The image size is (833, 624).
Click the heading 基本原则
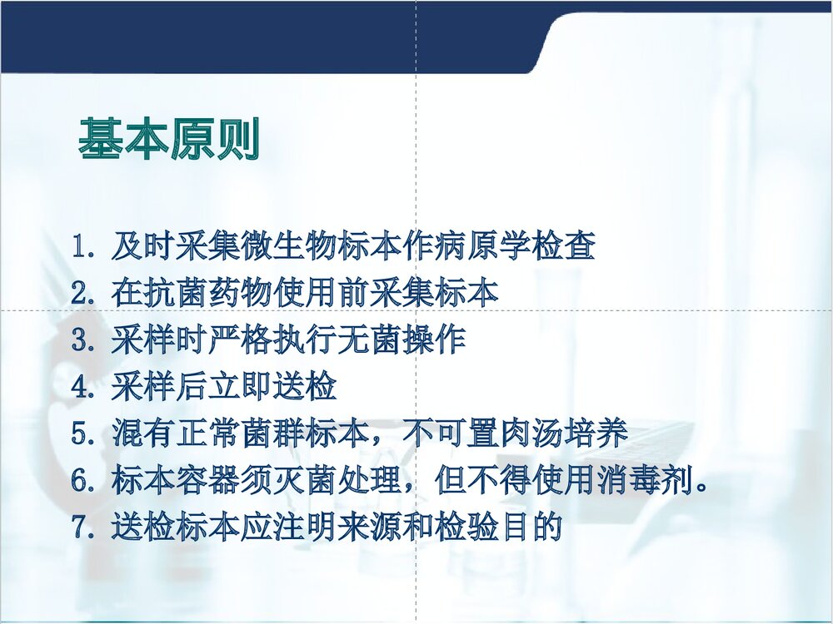169,139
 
